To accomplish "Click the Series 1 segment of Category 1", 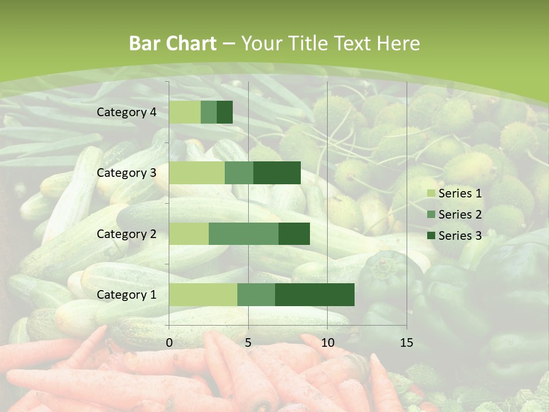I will pyautogui.click(x=203, y=295).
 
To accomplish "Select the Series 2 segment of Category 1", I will pyautogui.click(x=256, y=295).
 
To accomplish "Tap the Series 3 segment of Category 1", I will pyautogui.click(x=315, y=295).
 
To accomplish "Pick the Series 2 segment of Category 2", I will pyautogui.click(x=244, y=234).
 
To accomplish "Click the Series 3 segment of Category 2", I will pyautogui.click(x=294, y=234).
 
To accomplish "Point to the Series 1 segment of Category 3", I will pyautogui.click(x=197, y=173).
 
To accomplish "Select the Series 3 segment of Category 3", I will pyautogui.click(x=277, y=173).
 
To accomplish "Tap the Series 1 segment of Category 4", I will pyautogui.click(x=185, y=112).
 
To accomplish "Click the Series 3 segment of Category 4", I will pyautogui.click(x=225, y=112).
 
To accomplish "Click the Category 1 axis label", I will pyautogui.click(x=126, y=295).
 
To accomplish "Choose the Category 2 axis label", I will pyautogui.click(x=126, y=234).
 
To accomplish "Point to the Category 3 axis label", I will pyautogui.click(x=126, y=173).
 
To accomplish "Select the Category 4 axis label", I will pyautogui.click(x=126, y=112).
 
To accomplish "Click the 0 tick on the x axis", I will pyautogui.click(x=169, y=343).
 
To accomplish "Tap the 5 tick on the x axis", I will pyautogui.click(x=248, y=343).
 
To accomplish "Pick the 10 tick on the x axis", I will pyautogui.click(x=327, y=343).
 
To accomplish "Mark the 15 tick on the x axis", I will pyautogui.click(x=406, y=343).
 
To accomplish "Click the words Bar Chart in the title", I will pyautogui.click(x=173, y=43).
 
